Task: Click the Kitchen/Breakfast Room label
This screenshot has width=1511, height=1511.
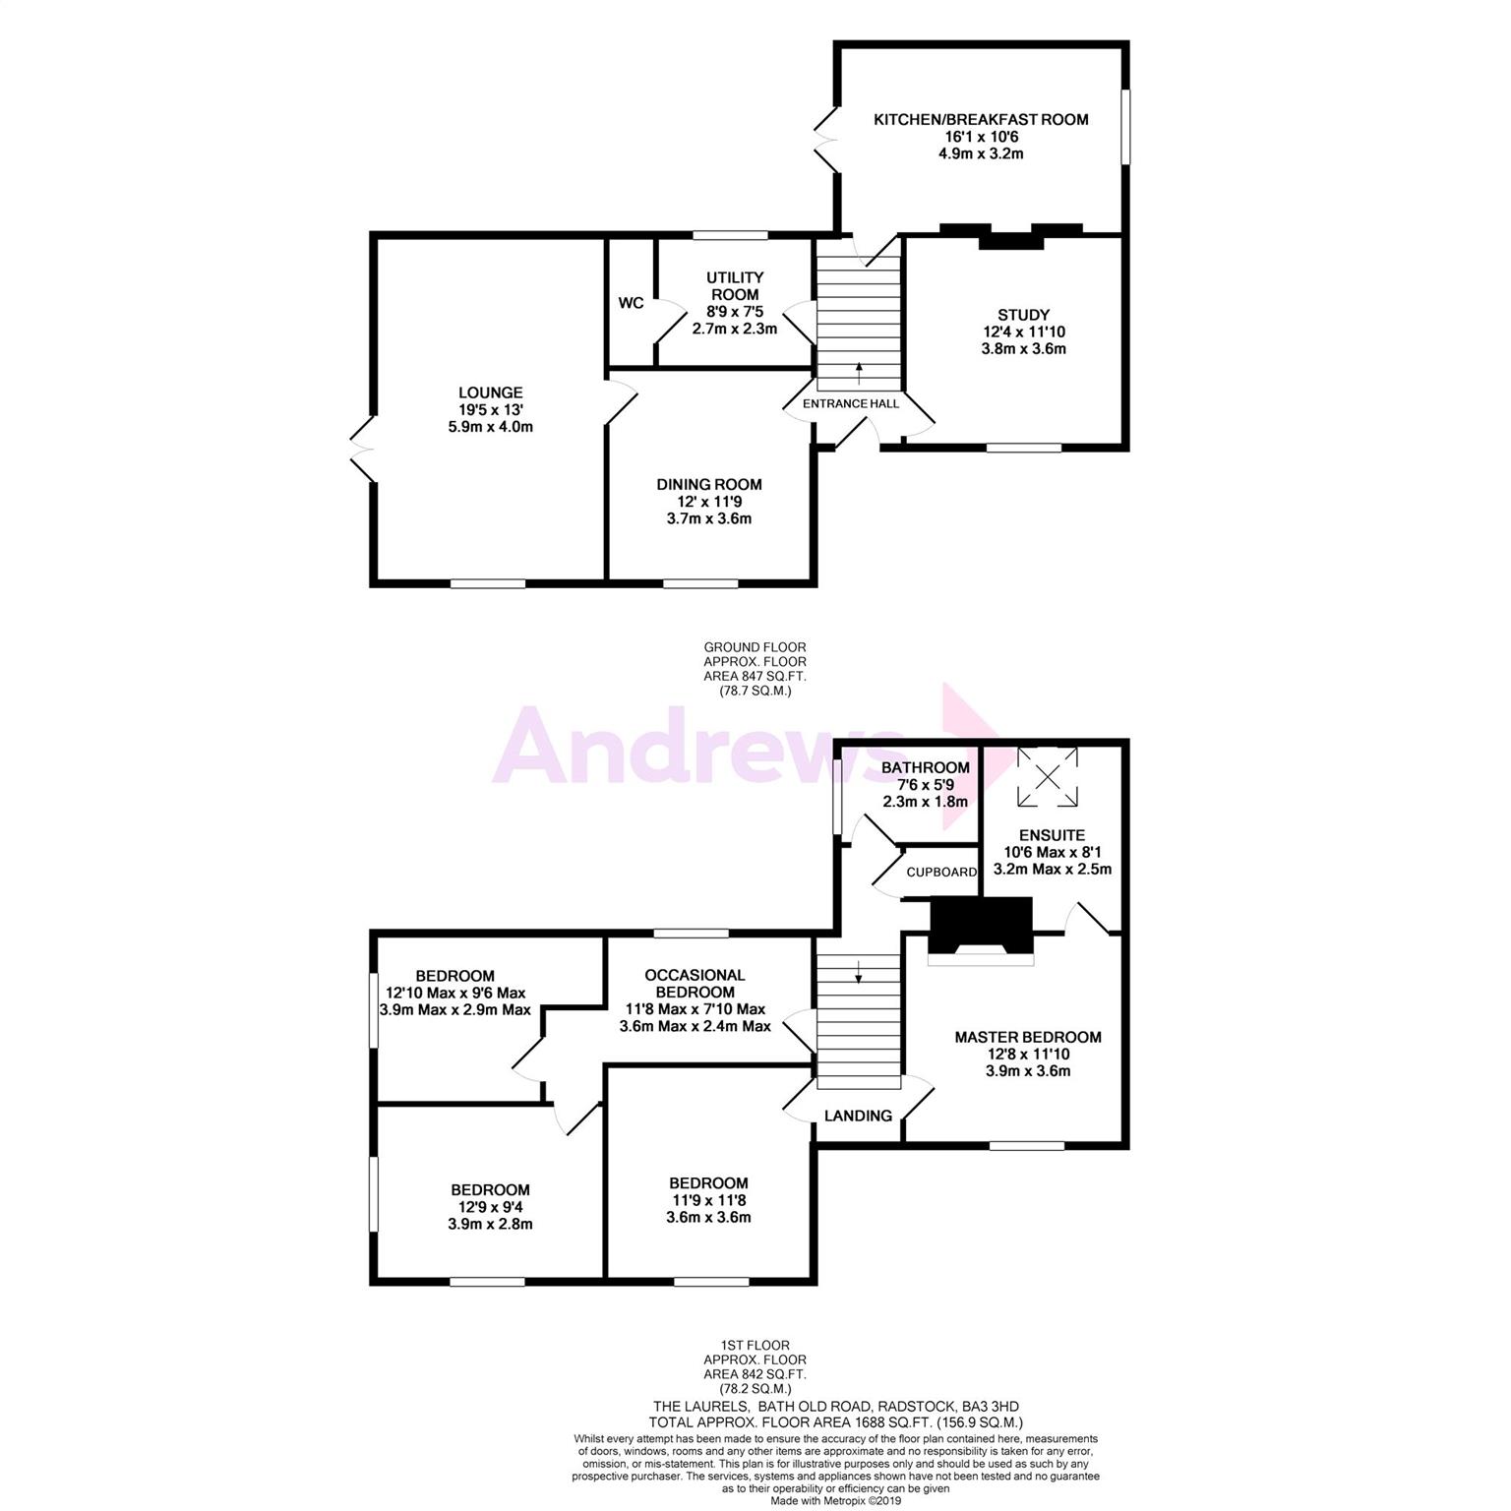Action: point(981,120)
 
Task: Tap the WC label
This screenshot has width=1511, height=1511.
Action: point(631,302)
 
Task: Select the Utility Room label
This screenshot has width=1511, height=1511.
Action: point(735,286)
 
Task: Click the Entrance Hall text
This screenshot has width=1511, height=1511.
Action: point(851,403)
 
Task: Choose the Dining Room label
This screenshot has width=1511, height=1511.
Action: point(709,484)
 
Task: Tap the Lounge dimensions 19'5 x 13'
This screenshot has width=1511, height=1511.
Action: point(490,409)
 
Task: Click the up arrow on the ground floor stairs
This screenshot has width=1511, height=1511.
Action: point(859,373)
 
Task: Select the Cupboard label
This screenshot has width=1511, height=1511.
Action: point(941,873)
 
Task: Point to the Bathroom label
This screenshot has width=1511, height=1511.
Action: point(925,767)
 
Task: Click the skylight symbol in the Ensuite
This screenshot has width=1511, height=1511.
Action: point(1047,777)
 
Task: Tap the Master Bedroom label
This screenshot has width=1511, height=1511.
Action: point(1028,1037)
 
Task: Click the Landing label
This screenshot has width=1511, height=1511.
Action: point(858,1116)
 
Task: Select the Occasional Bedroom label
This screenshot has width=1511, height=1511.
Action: point(695,983)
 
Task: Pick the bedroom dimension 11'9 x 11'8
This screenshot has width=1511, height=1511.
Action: point(708,1200)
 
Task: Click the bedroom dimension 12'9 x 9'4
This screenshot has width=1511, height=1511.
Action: point(490,1207)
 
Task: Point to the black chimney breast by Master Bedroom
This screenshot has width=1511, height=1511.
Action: point(981,925)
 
